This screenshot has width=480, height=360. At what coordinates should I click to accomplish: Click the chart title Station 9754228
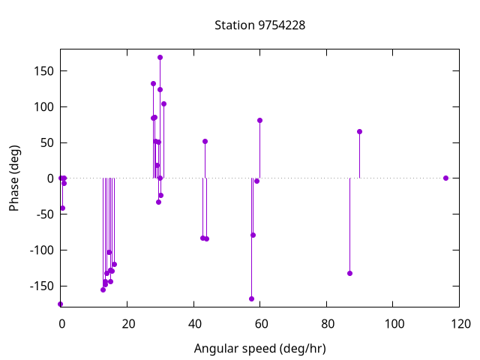click(x=259, y=25)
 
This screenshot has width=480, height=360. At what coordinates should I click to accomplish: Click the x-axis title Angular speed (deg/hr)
click(x=259, y=349)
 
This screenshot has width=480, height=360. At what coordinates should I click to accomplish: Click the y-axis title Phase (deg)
click(x=14, y=178)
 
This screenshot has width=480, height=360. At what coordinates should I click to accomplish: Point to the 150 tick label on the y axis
click(x=41, y=71)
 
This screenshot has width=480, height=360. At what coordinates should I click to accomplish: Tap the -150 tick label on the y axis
click(x=39, y=286)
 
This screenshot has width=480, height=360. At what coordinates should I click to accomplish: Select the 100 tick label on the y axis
click(x=41, y=107)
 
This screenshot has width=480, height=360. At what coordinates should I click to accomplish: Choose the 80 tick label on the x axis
click(x=327, y=324)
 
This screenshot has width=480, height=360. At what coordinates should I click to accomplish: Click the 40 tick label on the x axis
click(x=193, y=324)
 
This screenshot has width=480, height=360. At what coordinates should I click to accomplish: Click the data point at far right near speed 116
click(x=445, y=178)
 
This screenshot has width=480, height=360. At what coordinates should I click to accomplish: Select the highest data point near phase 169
click(x=160, y=57)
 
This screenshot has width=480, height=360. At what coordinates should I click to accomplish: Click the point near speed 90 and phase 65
click(x=359, y=131)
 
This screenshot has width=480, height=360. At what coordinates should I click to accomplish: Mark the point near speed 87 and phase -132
click(x=349, y=273)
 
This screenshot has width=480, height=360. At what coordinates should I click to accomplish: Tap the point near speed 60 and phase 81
click(x=259, y=120)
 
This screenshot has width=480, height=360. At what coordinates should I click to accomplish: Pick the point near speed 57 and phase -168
click(x=251, y=298)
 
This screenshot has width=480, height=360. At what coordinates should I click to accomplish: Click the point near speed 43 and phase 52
click(x=205, y=141)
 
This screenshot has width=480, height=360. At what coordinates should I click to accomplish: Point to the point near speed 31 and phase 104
click(x=163, y=103)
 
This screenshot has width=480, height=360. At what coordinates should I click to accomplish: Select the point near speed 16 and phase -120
click(x=114, y=264)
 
